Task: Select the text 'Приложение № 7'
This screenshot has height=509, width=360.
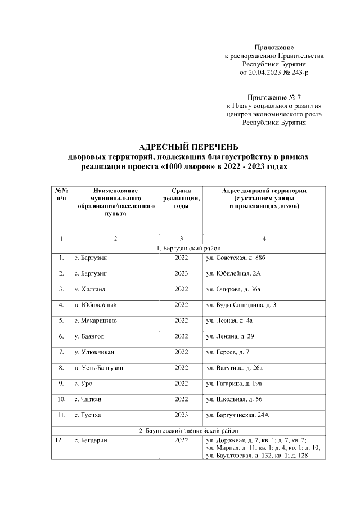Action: [274, 97]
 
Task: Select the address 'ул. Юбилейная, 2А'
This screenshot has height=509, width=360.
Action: [233, 273]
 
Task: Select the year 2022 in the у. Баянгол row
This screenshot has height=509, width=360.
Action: [181, 336]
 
